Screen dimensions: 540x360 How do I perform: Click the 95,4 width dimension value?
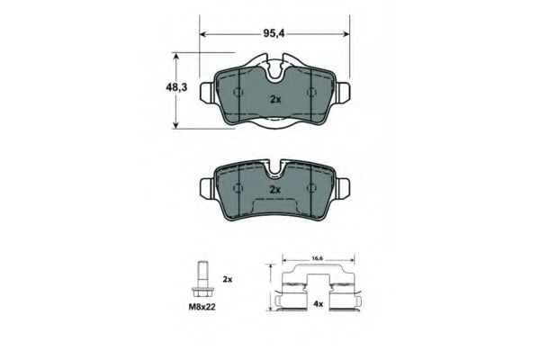274,33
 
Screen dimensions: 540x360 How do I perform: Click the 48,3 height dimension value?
176,87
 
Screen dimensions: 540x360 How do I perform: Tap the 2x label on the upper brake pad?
275,100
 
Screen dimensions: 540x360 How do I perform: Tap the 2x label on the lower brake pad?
275,190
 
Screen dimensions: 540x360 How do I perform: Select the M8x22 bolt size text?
202,307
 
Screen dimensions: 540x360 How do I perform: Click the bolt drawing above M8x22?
202,281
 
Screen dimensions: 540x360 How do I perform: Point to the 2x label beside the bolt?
228,279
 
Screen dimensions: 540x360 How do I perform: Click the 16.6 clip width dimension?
317,258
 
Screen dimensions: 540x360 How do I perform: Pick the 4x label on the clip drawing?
318,304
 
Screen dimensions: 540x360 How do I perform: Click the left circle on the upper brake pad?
238,93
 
